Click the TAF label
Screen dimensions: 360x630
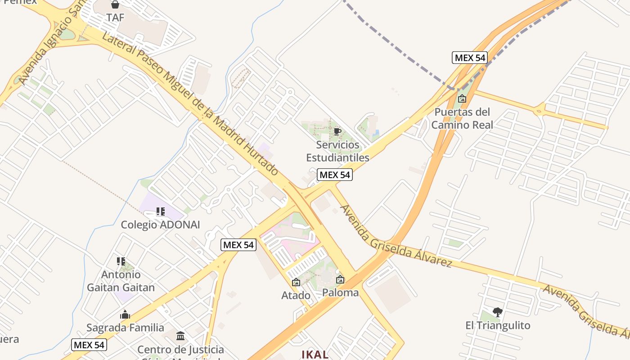point(115,18)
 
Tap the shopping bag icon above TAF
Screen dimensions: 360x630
point(115,5)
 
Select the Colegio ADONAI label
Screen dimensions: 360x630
point(160,225)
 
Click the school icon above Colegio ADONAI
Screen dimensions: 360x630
point(160,211)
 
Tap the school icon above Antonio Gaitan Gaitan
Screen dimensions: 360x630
point(121,261)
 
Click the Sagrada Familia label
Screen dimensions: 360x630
point(125,327)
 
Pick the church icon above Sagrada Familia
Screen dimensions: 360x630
point(125,315)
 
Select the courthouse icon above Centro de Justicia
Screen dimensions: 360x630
point(180,336)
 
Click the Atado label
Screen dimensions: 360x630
point(296,295)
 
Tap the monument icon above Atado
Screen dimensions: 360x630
point(296,283)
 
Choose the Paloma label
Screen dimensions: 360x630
point(340,292)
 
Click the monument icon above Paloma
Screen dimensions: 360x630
point(340,279)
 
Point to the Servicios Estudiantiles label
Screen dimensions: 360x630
point(337,151)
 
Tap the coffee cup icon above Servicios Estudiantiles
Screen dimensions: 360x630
point(337,132)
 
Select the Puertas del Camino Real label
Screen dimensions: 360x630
point(462,118)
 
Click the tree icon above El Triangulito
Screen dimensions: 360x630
point(498,312)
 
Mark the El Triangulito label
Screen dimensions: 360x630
point(498,325)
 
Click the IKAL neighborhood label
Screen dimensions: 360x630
point(315,354)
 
